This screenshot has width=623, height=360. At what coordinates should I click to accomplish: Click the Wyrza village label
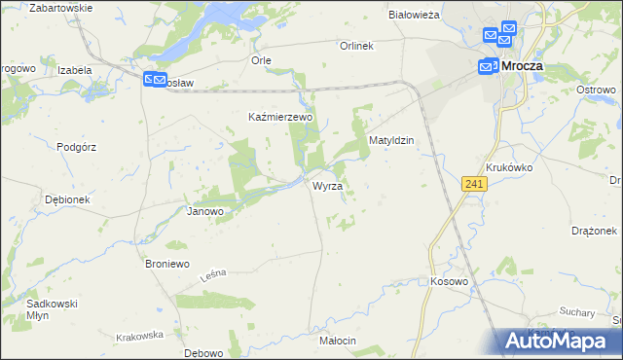(x=326, y=186)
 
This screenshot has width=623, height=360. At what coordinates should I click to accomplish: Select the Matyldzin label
(x=391, y=140)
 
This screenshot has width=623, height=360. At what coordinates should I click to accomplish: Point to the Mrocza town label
(x=524, y=66)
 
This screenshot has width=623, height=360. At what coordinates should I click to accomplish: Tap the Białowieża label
(x=415, y=16)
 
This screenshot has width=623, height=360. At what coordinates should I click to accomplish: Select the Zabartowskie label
(x=61, y=8)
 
